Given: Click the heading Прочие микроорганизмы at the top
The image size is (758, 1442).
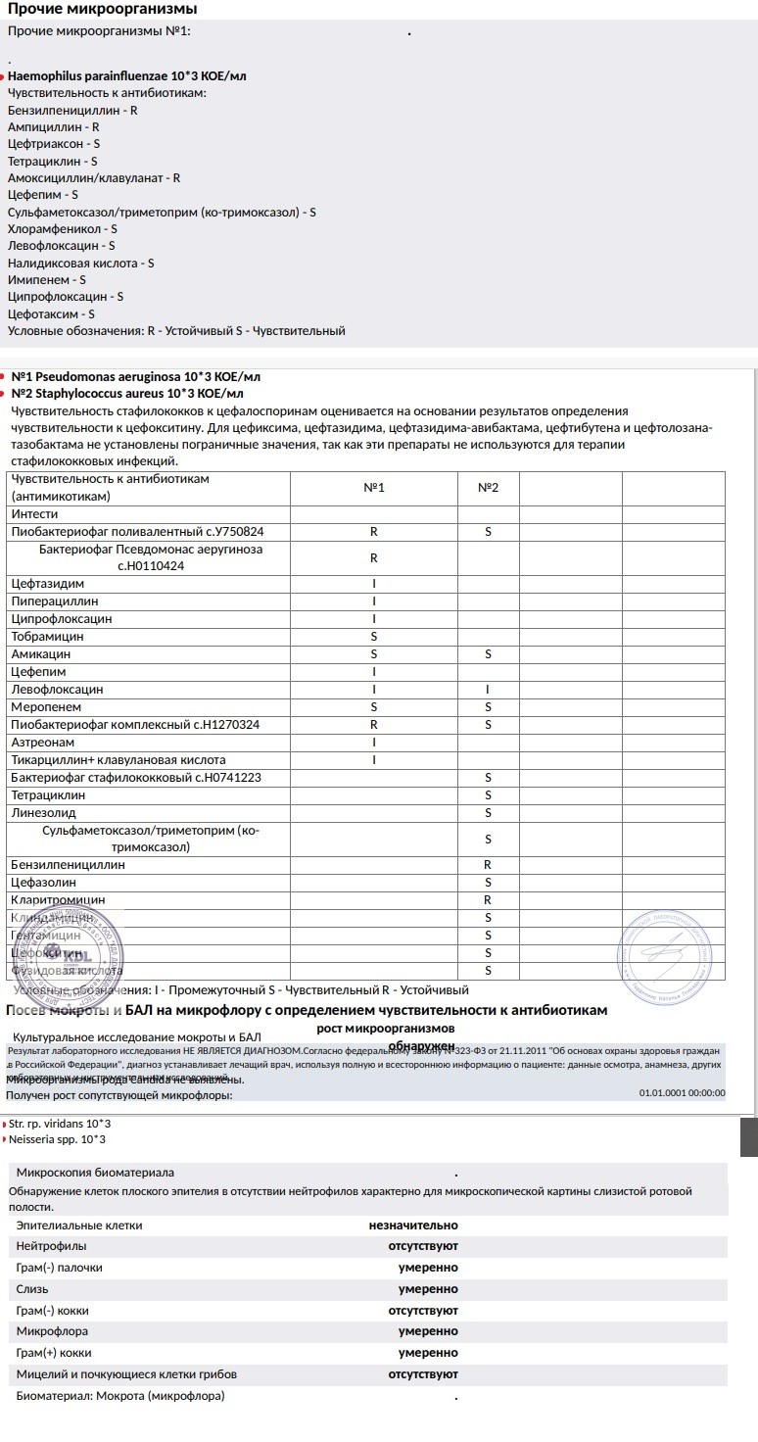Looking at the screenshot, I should pyautogui.click(x=102, y=9).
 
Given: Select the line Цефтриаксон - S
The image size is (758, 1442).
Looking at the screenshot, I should pyautogui.click(x=54, y=143).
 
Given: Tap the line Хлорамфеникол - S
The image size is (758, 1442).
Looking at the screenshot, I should pyautogui.click(x=63, y=228).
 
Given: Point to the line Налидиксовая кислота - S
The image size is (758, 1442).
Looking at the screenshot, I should pyautogui.click(x=80, y=263).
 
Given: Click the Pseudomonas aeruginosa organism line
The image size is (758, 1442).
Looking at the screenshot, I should pyautogui.click(x=136, y=376).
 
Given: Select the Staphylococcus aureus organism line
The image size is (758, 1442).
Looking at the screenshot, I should pyautogui.click(x=127, y=393).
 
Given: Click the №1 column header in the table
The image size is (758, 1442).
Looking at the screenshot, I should pyautogui.click(x=374, y=487).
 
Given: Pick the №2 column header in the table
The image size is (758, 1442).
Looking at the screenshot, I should pyautogui.click(x=488, y=487).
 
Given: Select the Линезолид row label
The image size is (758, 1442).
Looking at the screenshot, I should pyautogui.click(x=43, y=812).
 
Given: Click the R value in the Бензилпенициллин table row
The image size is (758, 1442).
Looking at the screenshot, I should pyautogui.click(x=488, y=865).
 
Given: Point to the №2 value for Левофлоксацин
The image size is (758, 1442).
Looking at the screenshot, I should pyautogui.click(x=488, y=689).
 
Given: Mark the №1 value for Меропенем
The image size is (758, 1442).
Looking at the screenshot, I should pyautogui.click(x=374, y=706).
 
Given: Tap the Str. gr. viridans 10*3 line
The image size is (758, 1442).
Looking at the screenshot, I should pyautogui.click(x=59, y=1123).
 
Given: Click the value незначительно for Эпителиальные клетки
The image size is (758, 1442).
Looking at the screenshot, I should pyautogui.click(x=412, y=1225).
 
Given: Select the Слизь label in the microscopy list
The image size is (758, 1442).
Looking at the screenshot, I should pyautogui.click(x=32, y=1288).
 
